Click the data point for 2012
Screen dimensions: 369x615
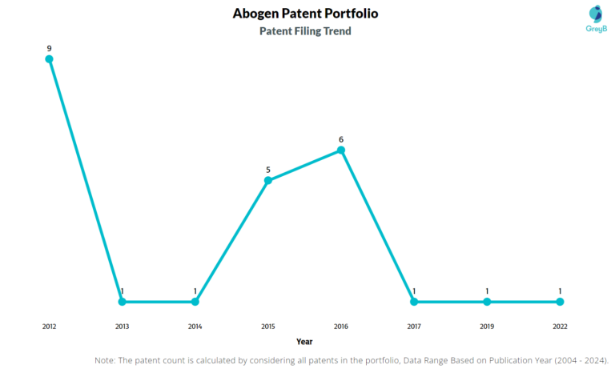[x=49, y=59]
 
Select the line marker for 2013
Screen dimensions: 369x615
[x=122, y=302]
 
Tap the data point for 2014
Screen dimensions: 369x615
[x=195, y=302]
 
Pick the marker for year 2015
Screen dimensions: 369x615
[x=268, y=180]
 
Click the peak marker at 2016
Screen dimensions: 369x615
[x=341, y=150]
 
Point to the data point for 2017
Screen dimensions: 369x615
[x=414, y=302]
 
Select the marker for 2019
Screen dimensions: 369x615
[x=487, y=302]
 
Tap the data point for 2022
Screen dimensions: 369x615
[x=560, y=302]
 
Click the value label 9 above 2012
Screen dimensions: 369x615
[x=49, y=48]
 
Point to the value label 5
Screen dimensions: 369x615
[x=268, y=170]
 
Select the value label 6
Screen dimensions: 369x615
[x=341, y=139]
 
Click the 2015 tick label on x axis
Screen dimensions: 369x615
[x=268, y=327]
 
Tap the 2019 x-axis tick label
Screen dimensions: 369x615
[x=487, y=327]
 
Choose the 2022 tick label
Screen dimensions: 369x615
[x=560, y=327]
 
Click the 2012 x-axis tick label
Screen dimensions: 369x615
[x=49, y=327]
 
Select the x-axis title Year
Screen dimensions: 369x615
[x=304, y=342]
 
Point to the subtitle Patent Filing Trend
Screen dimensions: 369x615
[x=305, y=31]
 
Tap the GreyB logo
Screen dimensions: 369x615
[x=595, y=18]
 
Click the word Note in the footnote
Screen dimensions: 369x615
[x=105, y=361]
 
